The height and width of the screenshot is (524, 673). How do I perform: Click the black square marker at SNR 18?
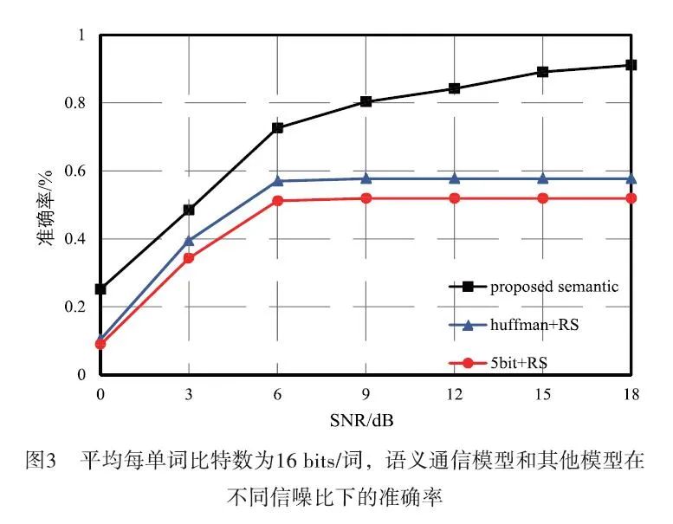click(631, 65)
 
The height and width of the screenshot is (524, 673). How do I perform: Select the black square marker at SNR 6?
click(277, 127)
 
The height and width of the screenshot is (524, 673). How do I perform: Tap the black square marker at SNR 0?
click(100, 288)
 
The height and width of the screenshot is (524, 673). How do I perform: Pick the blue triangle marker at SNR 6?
click(277, 180)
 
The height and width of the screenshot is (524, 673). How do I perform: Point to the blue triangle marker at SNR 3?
click(189, 240)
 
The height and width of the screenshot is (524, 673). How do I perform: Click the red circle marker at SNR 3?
click(189, 258)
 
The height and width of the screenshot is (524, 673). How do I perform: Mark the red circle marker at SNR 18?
click(631, 198)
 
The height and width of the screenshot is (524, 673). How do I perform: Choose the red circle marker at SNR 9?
click(366, 198)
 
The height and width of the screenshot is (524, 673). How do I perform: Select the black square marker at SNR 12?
click(455, 88)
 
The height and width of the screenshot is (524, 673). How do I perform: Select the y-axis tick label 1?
click(86, 36)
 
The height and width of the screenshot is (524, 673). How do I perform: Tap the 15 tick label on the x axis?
click(542, 393)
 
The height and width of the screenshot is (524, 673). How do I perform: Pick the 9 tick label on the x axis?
click(366, 393)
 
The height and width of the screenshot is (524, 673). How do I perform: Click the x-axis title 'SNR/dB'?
click(365, 420)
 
